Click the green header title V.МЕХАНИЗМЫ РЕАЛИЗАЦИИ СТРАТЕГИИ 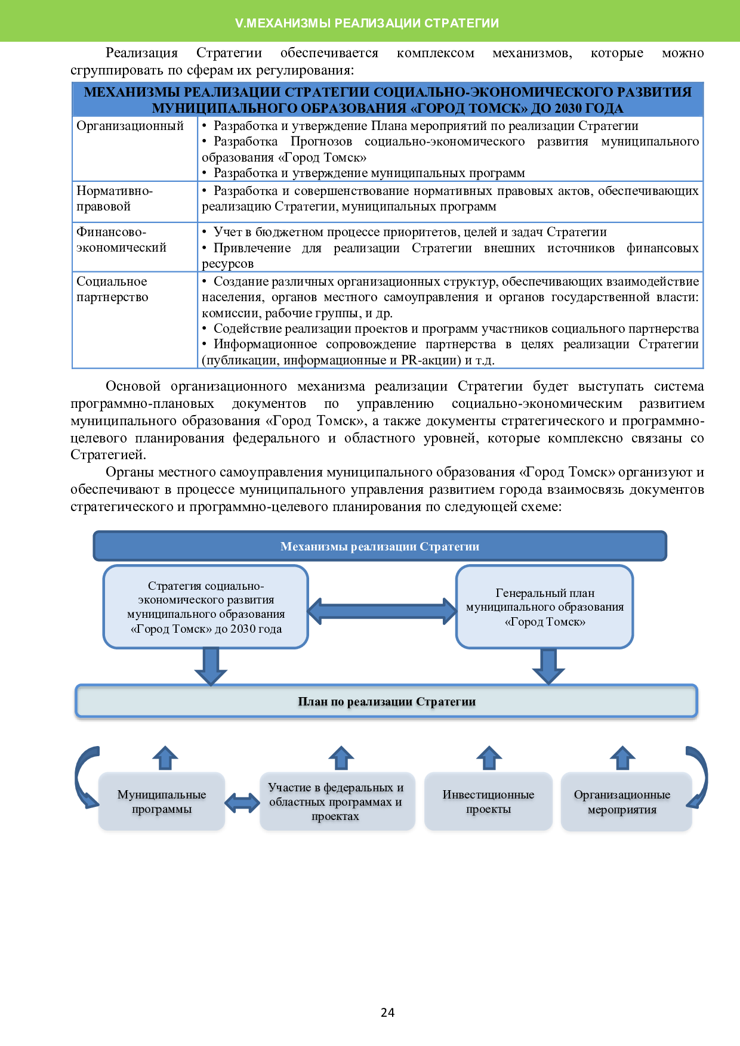click(x=367, y=23)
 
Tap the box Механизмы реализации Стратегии click(x=380, y=546)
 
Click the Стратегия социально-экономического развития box click(x=205, y=607)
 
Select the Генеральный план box click(x=544, y=607)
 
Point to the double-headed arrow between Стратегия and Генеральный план click(x=382, y=611)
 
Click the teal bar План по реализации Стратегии click(x=386, y=701)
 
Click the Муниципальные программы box click(x=161, y=801)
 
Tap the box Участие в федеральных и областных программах click(x=337, y=801)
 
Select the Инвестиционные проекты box click(x=488, y=801)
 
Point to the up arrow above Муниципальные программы click(x=165, y=758)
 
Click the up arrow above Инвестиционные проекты click(x=489, y=758)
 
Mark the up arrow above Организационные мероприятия click(x=622, y=758)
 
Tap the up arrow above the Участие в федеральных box click(x=341, y=758)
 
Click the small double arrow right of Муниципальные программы click(x=242, y=803)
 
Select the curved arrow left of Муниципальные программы click(x=84, y=775)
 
